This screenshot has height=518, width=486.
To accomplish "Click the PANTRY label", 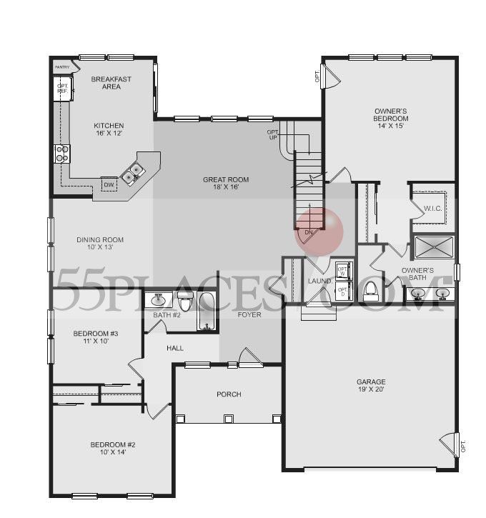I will (x=62, y=67).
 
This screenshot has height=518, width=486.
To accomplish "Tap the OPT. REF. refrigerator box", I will (x=62, y=89).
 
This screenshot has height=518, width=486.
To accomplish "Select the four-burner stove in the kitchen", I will (x=62, y=153).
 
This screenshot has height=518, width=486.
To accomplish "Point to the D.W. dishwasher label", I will (x=109, y=185).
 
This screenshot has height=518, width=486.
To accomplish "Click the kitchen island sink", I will (x=134, y=171).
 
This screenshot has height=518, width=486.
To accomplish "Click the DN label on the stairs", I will (x=309, y=233).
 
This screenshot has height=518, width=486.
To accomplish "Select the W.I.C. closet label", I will (x=433, y=209).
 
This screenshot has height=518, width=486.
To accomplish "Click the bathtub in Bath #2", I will (x=207, y=312).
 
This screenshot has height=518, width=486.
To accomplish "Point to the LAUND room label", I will (x=319, y=281).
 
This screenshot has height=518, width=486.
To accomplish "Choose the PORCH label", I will (x=229, y=394).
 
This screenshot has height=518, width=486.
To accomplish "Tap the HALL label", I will (x=175, y=349).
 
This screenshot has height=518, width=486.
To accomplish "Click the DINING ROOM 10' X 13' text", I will (x=100, y=244).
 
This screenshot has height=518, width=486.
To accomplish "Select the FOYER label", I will (x=249, y=314).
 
